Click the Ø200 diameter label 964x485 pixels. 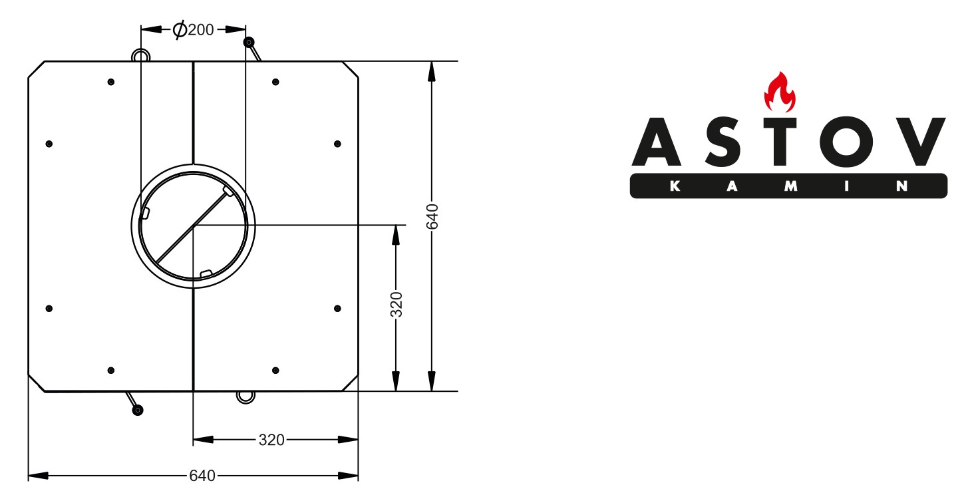pyautogui.click(x=193, y=29)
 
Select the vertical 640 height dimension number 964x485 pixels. pyautogui.click(x=432, y=216)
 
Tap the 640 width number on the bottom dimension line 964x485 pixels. pyautogui.click(x=202, y=476)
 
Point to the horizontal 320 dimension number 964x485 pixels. pyautogui.click(x=271, y=440)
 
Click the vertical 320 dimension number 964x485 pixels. pyautogui.click(x=396, y=304)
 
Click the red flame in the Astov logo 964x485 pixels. pyautogui.click(x=779, y=92)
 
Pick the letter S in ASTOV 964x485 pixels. pyautogui.click(x=723, y=142)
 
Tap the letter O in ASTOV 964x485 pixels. pyautogui.click(x=846, y=142)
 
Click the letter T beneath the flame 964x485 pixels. pyautogui.click(x=780, y=142)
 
